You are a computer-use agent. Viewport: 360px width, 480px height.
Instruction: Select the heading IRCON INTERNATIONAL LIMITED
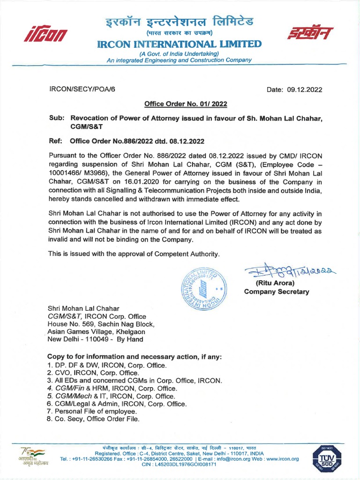coord(179,44)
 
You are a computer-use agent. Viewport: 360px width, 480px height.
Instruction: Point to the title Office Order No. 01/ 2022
coord(180,104)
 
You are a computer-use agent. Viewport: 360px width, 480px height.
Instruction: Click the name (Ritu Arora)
coord(275,283)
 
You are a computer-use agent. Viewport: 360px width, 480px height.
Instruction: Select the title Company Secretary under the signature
coord(277,292)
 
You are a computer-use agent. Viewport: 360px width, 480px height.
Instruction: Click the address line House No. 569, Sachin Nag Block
coord(101,324)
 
